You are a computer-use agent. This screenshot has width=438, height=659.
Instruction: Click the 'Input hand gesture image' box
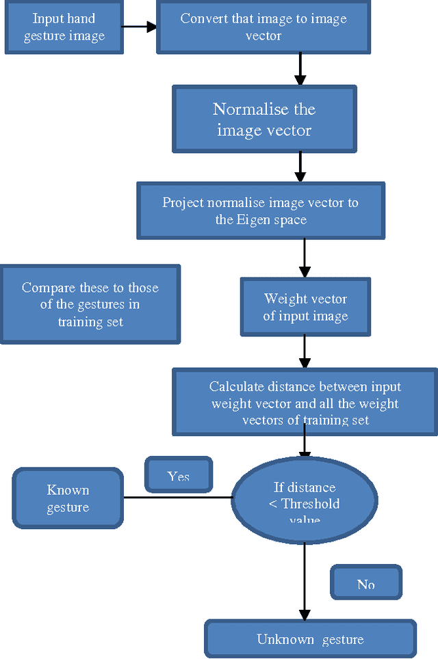pos(64,27)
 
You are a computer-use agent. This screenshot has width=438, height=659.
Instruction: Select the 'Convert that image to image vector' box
pos(263,27)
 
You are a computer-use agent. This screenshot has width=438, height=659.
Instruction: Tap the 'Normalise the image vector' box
pos(263,119)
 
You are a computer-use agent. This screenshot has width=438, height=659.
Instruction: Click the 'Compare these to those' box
pos(90,304)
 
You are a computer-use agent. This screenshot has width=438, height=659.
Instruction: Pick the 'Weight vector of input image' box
pos(305,307)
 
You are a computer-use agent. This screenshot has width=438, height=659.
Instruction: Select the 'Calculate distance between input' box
pos(305,403)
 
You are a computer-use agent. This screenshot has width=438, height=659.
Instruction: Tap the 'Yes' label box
pos(179,475)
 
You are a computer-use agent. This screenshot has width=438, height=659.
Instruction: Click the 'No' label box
pos(366,583)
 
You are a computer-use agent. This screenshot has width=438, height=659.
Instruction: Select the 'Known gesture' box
pos(68,498)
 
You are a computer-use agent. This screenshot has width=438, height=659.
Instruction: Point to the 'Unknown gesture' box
pos(310,639)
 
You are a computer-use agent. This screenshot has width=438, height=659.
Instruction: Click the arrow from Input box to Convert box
pos(140,27)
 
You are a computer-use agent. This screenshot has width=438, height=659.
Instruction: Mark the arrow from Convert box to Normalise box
pos(300,69)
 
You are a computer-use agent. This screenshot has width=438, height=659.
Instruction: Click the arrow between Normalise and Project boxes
pos(300,166)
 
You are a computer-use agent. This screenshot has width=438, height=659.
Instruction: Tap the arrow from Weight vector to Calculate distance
pos(305,353)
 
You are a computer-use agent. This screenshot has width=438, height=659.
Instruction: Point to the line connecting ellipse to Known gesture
pos(178,497)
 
